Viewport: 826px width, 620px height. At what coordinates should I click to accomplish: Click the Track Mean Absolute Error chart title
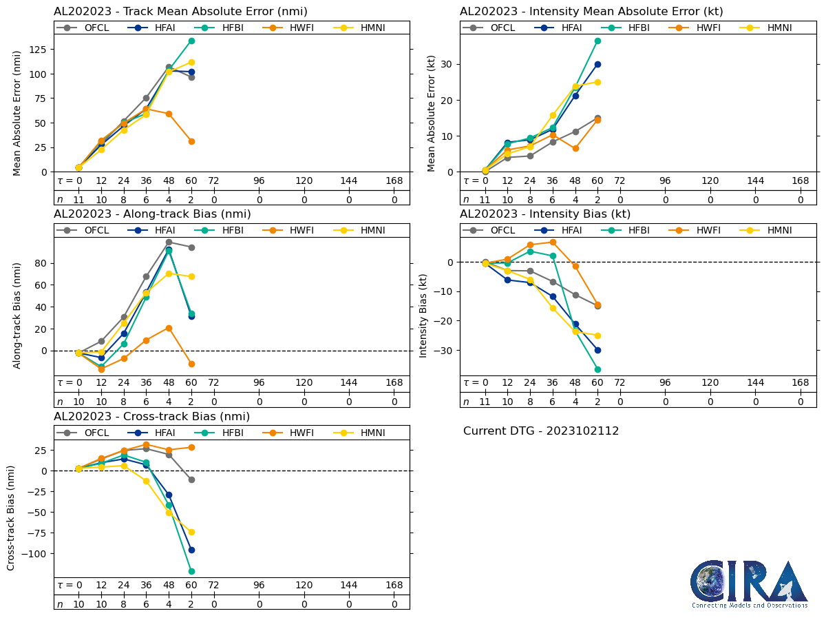[180, 11]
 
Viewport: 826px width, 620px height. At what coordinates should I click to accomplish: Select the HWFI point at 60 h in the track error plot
[191, 141]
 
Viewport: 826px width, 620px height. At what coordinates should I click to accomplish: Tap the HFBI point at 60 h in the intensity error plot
[597, 41]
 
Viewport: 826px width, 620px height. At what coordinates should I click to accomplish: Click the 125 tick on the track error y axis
[43, 50]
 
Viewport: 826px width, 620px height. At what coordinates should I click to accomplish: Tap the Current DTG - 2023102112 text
[541, 431]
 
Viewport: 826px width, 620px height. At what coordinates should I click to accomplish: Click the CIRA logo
[750, 584]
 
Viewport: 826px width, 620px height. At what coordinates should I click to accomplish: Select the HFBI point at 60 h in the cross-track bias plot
[191, 571]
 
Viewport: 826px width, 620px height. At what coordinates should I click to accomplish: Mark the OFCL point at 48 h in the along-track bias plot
[169, 242]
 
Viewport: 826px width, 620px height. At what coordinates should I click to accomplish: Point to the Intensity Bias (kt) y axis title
[423, 307]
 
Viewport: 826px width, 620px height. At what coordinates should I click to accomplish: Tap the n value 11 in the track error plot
[78, 199]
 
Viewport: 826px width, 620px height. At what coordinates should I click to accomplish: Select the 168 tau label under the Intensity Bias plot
[800, 383]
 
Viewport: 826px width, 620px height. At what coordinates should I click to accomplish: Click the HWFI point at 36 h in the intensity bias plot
[553, 242]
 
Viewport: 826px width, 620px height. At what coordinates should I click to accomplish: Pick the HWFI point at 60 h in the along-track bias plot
[191, 364]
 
